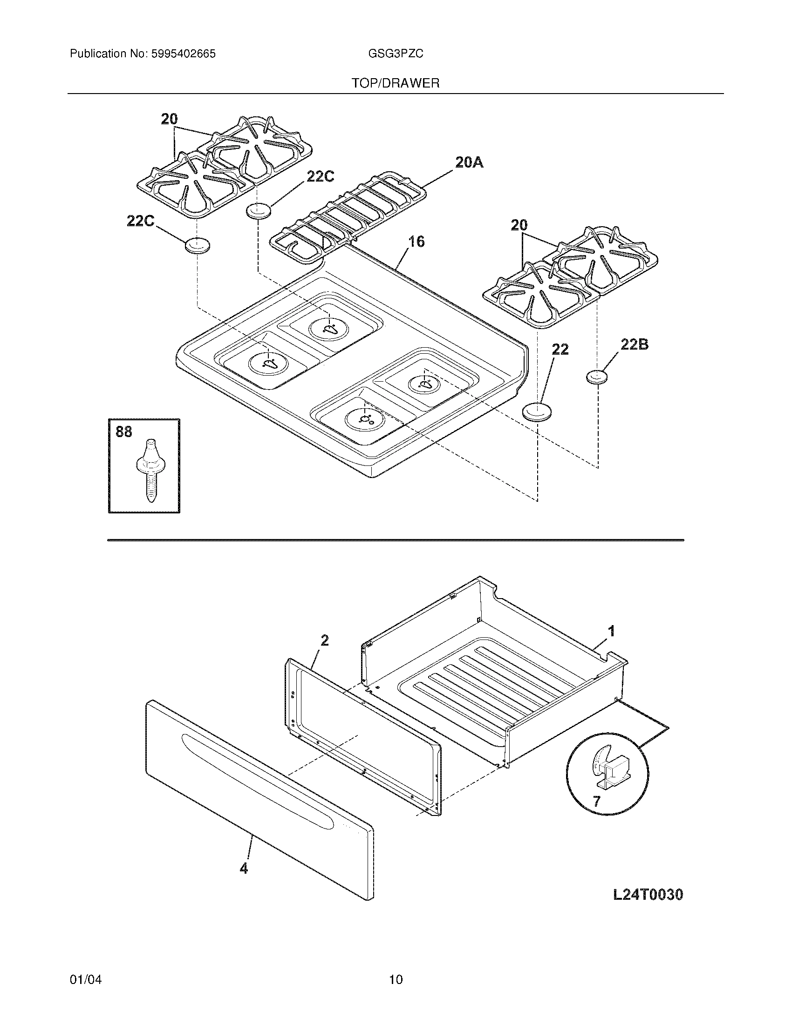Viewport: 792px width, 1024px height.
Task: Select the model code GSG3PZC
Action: (x=396, y=54)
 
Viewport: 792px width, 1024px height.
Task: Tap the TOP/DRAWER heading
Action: (x=396, y=83)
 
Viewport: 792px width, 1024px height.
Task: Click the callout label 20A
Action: (x=469, y=163)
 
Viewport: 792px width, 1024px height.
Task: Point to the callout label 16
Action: (x=416, y=242)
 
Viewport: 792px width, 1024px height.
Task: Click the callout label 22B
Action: (x=635, y=344)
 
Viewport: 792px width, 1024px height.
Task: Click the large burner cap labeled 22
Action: (x=537, y=412)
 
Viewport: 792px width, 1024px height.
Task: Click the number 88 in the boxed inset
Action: (x=124, y=432)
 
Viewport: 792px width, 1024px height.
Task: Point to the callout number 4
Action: (x=244, y=869)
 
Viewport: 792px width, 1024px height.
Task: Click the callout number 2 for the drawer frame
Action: (x=324, y=640)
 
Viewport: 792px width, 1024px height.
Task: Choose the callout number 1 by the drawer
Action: (x=611, y=631)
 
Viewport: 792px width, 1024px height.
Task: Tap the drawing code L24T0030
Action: (x=648, y=895)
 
